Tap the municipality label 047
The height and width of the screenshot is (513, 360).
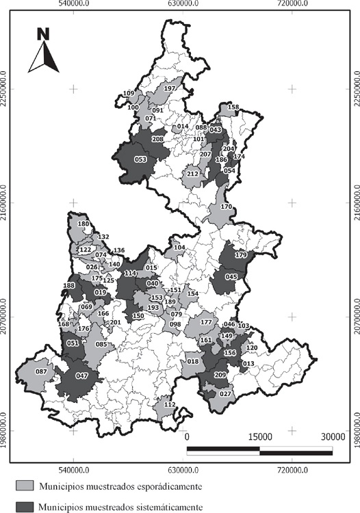click(82, 376)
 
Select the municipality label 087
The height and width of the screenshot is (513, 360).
click(40, 371)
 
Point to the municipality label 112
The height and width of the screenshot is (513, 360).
click(170, 405)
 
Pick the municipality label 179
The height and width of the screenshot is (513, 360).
click(240, 255)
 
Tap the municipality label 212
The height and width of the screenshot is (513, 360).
click(192, 174)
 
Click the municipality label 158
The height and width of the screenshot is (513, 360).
click(233, 107)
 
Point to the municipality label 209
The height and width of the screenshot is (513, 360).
click(220, 376)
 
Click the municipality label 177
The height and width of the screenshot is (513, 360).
click(206, 322)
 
